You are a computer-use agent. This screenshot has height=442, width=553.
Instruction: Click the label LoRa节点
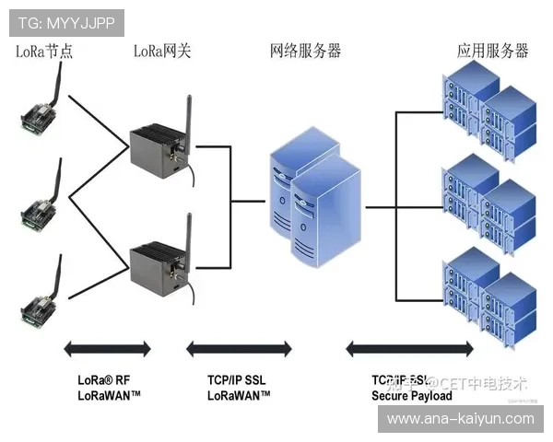point(44,51)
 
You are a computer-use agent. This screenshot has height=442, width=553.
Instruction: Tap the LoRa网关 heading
point(162,51)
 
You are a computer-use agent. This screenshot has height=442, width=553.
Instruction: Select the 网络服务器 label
point(305,51)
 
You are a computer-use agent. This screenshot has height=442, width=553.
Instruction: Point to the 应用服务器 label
point(493,51)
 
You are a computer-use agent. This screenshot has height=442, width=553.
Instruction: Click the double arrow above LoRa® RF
point(107,348)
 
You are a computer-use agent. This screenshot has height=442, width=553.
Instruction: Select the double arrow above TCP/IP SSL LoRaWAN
point(239,348)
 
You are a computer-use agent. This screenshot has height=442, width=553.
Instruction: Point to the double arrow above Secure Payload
point(409,348)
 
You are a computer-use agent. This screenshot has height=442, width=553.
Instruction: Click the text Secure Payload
point(412,396)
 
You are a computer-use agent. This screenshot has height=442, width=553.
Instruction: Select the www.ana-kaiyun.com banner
point(460,419)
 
